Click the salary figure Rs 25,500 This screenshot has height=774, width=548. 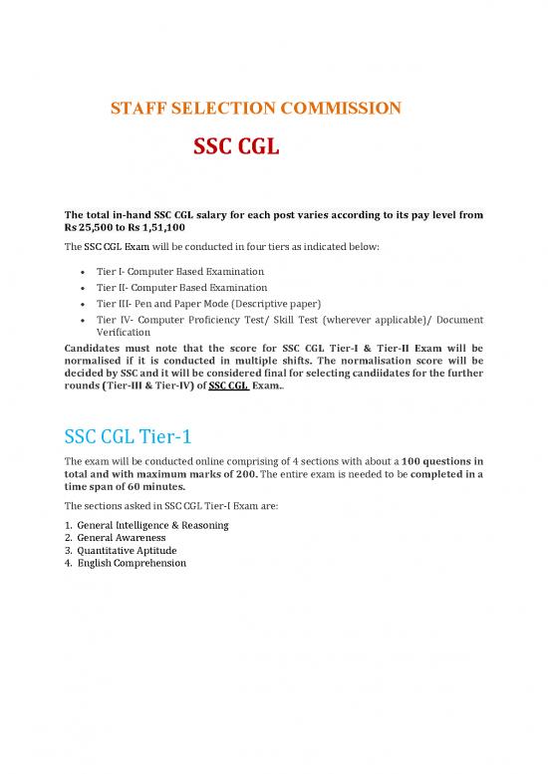[95, 228]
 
